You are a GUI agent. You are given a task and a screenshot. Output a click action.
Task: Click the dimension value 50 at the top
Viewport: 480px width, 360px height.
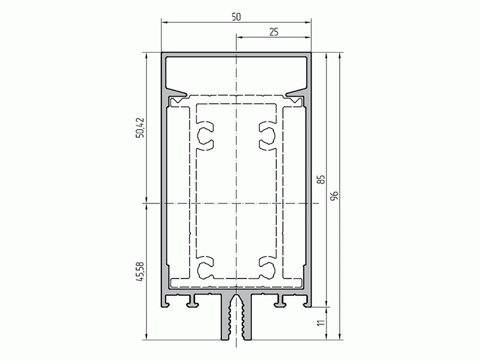[x=236, y=17]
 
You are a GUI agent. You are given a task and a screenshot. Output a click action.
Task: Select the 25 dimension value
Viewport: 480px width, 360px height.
[x=274, y=32]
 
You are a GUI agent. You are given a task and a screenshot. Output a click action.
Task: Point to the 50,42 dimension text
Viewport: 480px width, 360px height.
[x=140, y=127]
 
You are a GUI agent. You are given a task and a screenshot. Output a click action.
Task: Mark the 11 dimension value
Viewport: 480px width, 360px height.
[x=320, y=324]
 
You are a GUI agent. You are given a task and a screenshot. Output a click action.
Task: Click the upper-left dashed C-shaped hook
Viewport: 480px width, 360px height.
[x=205, y=136]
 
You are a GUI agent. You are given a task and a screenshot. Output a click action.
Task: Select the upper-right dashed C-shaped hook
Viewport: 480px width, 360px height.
[x=268, y=136]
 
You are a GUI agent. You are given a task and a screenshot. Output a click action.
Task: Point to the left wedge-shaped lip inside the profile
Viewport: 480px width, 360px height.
[x=177, y=95]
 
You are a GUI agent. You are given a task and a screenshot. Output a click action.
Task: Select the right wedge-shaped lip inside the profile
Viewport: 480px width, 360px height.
[x=296, y=95]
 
